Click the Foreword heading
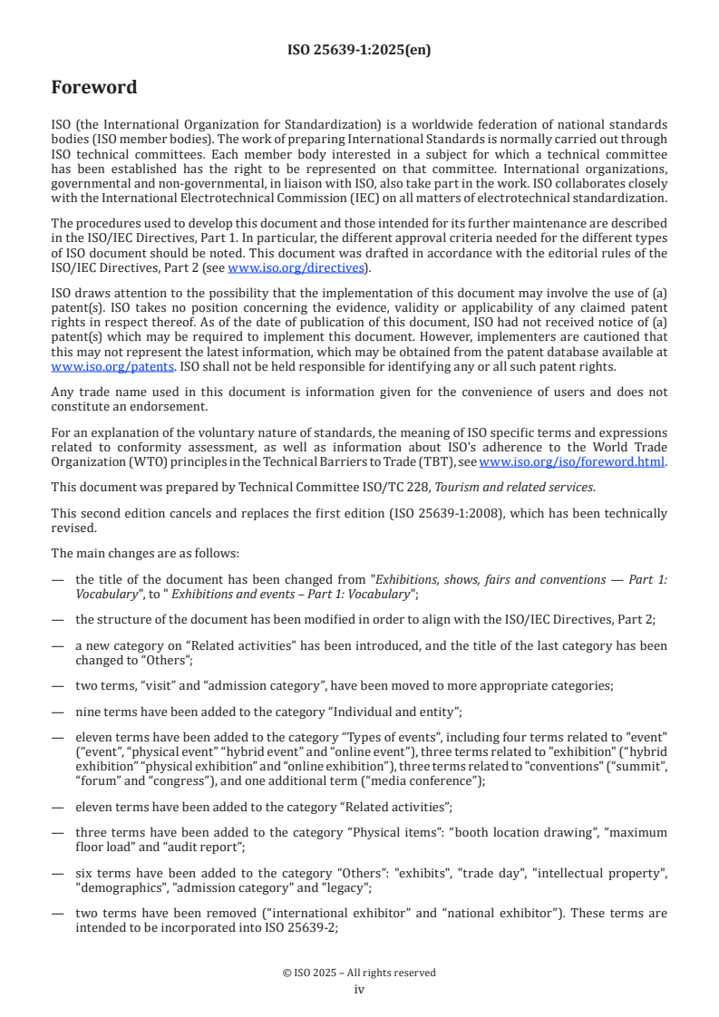(94, 88)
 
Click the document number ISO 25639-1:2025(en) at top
(359, 50)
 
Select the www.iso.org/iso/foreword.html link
(573, 461)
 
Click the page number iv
(359, 990)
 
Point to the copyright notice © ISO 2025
(359, 973)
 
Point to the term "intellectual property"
(603, 874)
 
